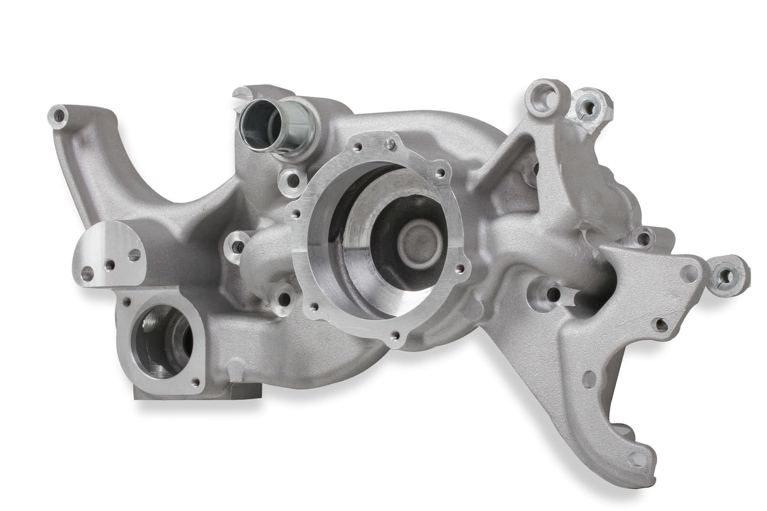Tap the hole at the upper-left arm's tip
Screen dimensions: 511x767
58,116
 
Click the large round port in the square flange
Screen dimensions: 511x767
162,339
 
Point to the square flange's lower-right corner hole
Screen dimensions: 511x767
195,382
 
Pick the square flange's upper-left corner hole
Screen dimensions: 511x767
127,303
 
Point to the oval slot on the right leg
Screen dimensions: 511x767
589,379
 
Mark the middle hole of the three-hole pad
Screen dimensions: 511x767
110,265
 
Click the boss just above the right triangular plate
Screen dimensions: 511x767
643,238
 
